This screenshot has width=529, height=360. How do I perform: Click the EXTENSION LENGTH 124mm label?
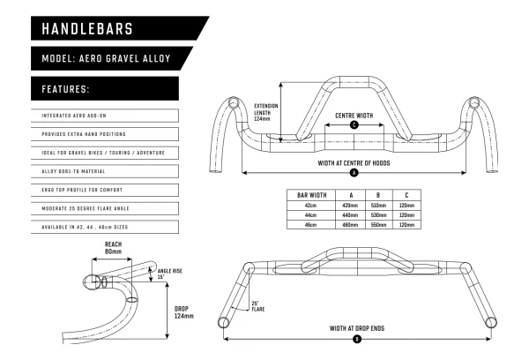click(265, 113)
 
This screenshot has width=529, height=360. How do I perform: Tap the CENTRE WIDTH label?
click(354, 116)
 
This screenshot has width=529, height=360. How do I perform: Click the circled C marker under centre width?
click(354, 125)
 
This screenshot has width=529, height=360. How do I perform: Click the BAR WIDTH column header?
click(313, 194)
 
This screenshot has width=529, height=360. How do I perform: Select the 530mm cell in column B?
click(379, 214)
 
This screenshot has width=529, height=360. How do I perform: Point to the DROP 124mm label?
click(183, 311)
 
